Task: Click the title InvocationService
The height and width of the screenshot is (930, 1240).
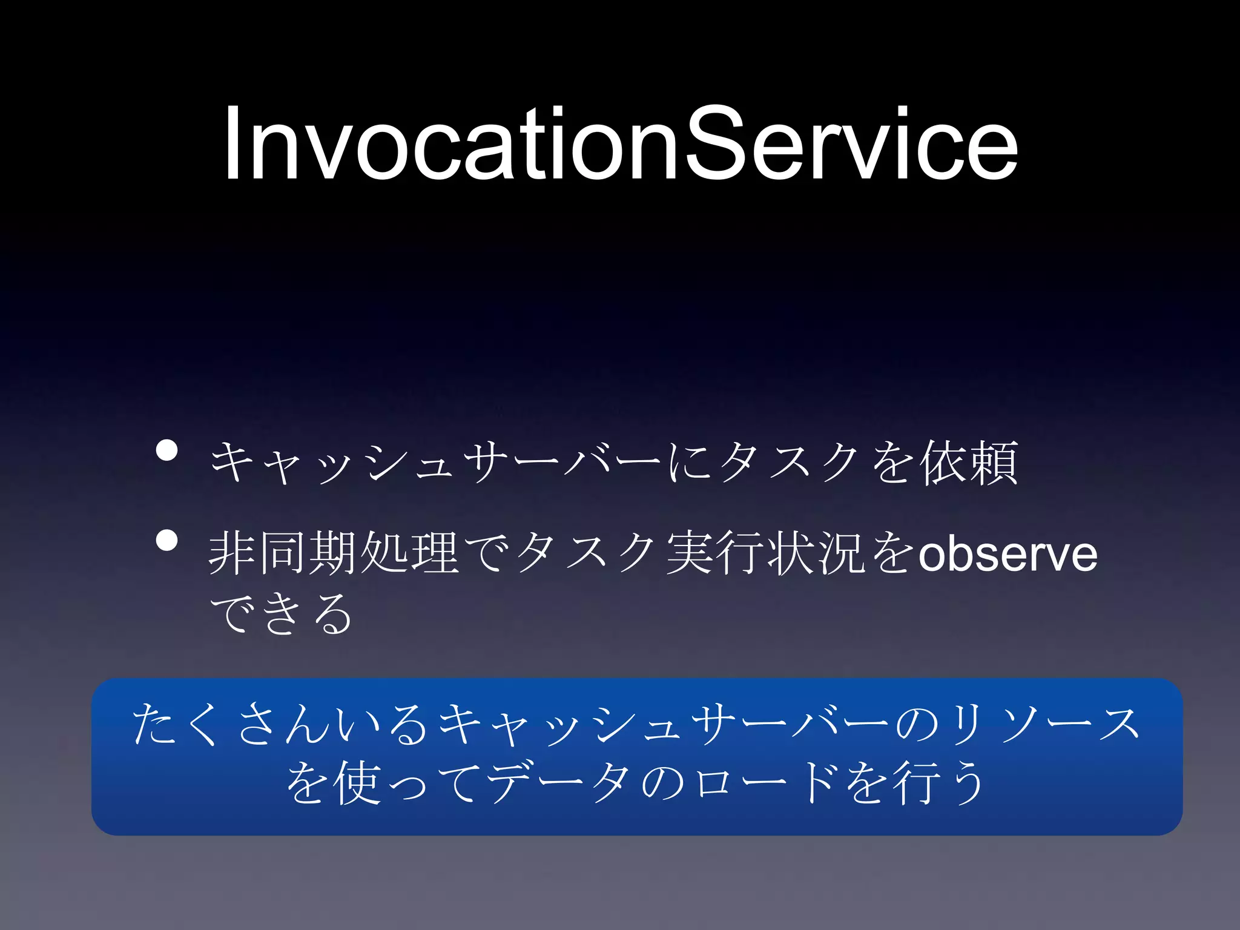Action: click(621, 144)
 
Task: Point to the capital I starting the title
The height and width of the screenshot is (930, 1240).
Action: click(232, 144)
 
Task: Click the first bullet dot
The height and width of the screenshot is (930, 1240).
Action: click(167, 450)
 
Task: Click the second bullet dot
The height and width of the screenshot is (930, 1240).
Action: click(167, 541)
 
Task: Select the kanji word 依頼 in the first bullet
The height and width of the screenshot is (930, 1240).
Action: click(969, 463)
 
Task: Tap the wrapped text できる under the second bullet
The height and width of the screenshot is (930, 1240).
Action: click(280, 613)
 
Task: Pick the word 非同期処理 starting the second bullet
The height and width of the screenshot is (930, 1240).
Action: click(333, 553)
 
